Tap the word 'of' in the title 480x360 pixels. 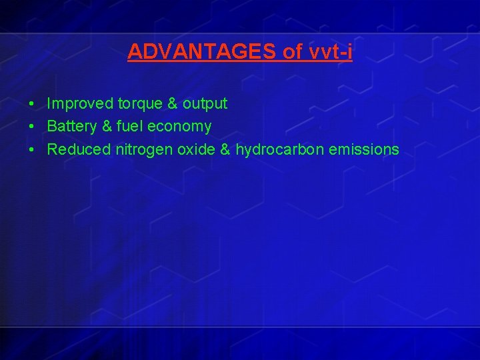294,51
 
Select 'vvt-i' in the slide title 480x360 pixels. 331,51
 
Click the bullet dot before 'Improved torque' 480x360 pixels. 31,105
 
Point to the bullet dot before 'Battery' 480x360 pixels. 31,127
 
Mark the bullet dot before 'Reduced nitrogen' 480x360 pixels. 31,149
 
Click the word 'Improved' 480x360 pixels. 80,104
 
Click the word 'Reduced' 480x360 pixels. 79,149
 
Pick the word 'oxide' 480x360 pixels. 195,149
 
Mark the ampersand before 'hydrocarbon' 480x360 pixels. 225,149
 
